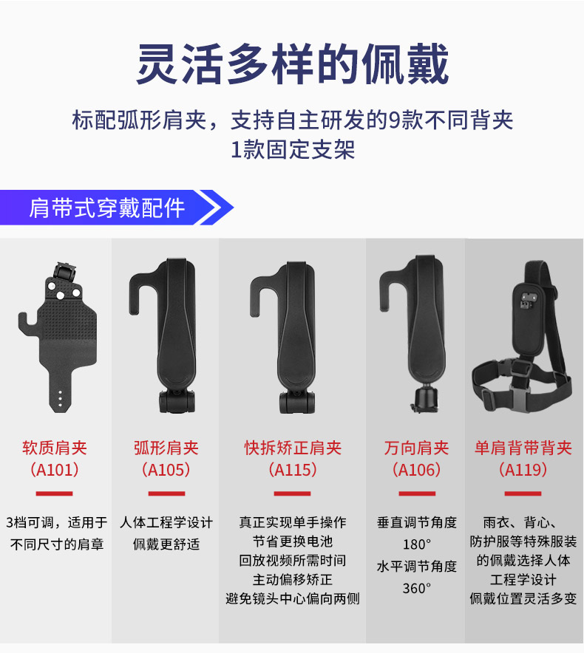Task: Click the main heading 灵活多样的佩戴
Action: tap(292, 64)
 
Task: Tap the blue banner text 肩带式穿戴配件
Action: tap(106, 208)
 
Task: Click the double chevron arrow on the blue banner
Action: tap(216, 208)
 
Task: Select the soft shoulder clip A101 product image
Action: tap(58, 337)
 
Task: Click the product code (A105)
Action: tap(166, 470)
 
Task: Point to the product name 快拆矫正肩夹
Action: tap(293, 448)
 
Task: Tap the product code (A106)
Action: tap(416, 470)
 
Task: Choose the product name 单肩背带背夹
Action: tap(523, 448)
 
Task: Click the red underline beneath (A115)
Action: tap(292, 493)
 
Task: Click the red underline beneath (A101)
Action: tap(54, 493)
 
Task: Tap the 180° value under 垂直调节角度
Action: tap(416, 544)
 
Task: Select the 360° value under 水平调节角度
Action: tap(416, 589)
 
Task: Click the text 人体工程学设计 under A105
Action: tap(166, 522)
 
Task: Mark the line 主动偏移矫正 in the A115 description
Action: tap(292, 579)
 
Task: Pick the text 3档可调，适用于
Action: tap(57, 522)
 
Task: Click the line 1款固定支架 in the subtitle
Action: tap(292, 149)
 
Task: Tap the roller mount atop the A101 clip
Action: tap(64, 273)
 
